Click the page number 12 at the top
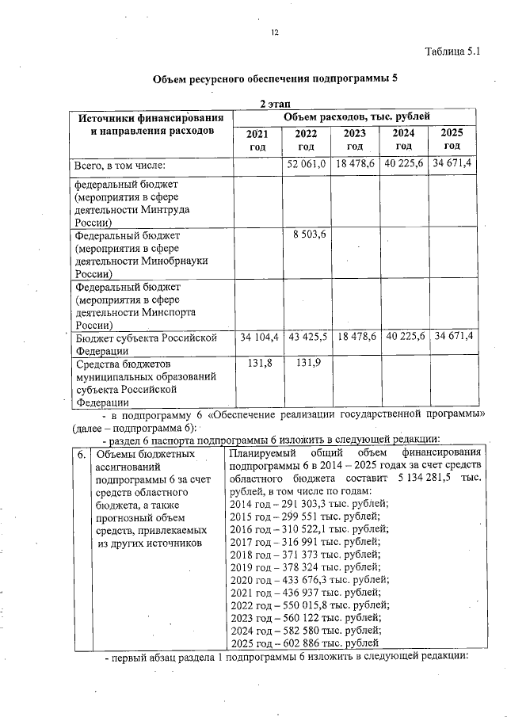275,32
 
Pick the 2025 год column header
452,139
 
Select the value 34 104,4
257,338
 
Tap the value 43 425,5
307,338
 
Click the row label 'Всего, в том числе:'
119,166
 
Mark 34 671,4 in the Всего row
452,164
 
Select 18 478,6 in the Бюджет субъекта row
355,338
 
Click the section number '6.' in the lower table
82,456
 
